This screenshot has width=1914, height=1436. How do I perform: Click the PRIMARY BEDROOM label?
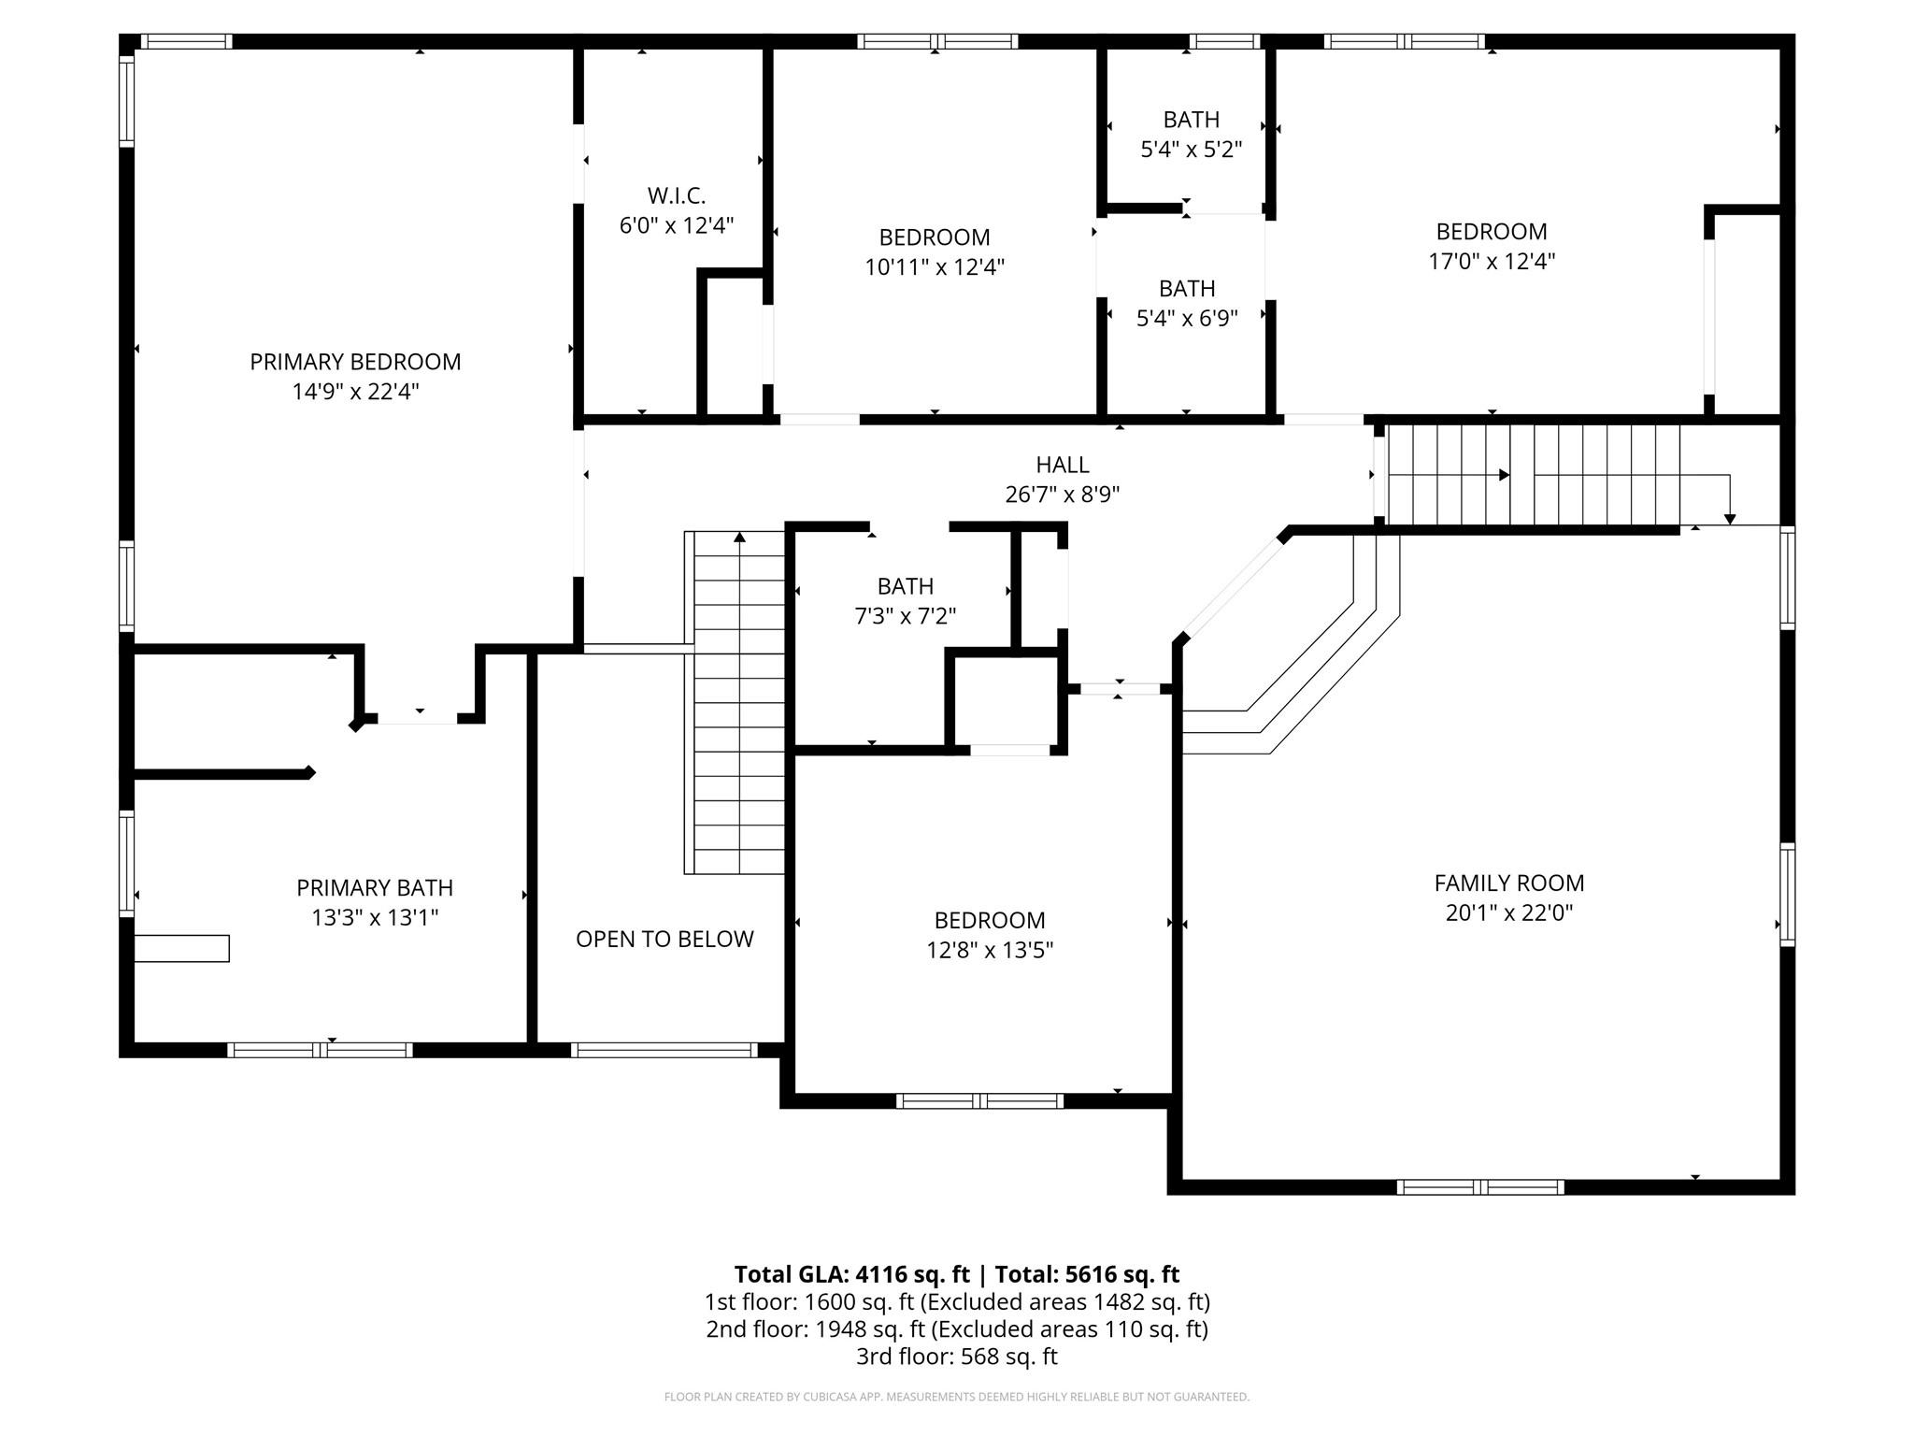click(x=355, y=362)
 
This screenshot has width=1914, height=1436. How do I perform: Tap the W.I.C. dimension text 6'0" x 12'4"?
click(x=677, y=225)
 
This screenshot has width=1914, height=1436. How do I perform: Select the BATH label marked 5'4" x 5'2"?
click(x=1191, y=120)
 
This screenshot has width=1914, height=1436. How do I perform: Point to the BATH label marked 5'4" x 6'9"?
click(x=1187, y=289)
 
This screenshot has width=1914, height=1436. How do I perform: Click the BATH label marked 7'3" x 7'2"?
click(x=905, y=586)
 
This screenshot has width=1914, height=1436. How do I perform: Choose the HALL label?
click(x=1063, y=465)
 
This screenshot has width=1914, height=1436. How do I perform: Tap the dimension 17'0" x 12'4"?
click(x=1492, y=262)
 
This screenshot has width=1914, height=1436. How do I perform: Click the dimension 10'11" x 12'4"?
click(x=935, y=267)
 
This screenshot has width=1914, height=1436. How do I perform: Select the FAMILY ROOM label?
click(x=1509, y=883)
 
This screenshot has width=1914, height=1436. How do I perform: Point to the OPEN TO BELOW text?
click(x=664, y=940)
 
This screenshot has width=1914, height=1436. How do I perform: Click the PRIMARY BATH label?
click(x=375, y=888)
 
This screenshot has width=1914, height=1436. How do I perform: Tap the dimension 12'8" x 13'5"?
click(x=990, y=951)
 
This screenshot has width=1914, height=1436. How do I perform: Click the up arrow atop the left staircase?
click(x=739, y=537)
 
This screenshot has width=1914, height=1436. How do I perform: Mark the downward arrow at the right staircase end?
click(x=1730, y=518)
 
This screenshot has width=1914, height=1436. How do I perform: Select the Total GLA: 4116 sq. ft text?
click(x=851, y=1274)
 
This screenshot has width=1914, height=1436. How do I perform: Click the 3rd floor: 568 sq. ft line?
click(x=957, y=1357)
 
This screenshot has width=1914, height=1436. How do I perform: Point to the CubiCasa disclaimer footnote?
click(x=957, y=1397)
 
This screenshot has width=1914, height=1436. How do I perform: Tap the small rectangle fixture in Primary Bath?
click(x=182, y=948)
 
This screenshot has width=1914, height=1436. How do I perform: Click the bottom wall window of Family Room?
click(x=1480, y=1187)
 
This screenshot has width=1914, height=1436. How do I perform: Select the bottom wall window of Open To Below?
click(x=664, y=1050)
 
